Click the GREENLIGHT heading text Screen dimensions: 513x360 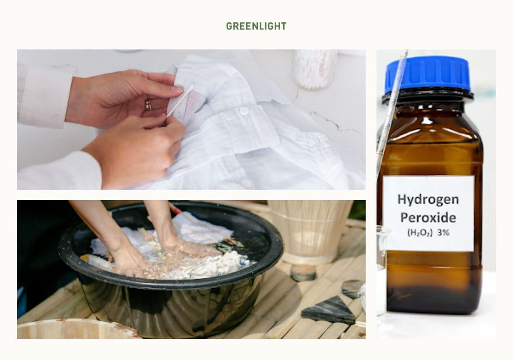pyautogui.click(x=256, y=26)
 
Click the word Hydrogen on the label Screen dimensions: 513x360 pyautogui.click(x=428, y=199)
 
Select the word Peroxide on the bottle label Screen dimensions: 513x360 pyautogui.click(x=428, y=217)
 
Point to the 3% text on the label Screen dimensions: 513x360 pyautogui.click(x=444, y=233)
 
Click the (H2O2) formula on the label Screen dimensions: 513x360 pyautogui.click(x=420, y=233)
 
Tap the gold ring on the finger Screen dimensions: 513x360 pyautogui.click(x=148, y=105)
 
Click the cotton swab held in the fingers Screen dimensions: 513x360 pyautogui.click(x=180, y=100)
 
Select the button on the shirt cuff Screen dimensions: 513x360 pyautogui.click(x=244, y=111)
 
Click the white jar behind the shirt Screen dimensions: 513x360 pyautogui.click(x=315, y=69)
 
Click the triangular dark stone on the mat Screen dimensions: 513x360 pyautogui.click(x=329, y=310)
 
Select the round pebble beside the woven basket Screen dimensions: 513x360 pyautogui.click(x=303, y=273)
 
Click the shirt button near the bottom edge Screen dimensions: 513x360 pyautogui.click(x=247, y=184)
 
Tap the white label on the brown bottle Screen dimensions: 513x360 pyautogui.click(x=428, y=214)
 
